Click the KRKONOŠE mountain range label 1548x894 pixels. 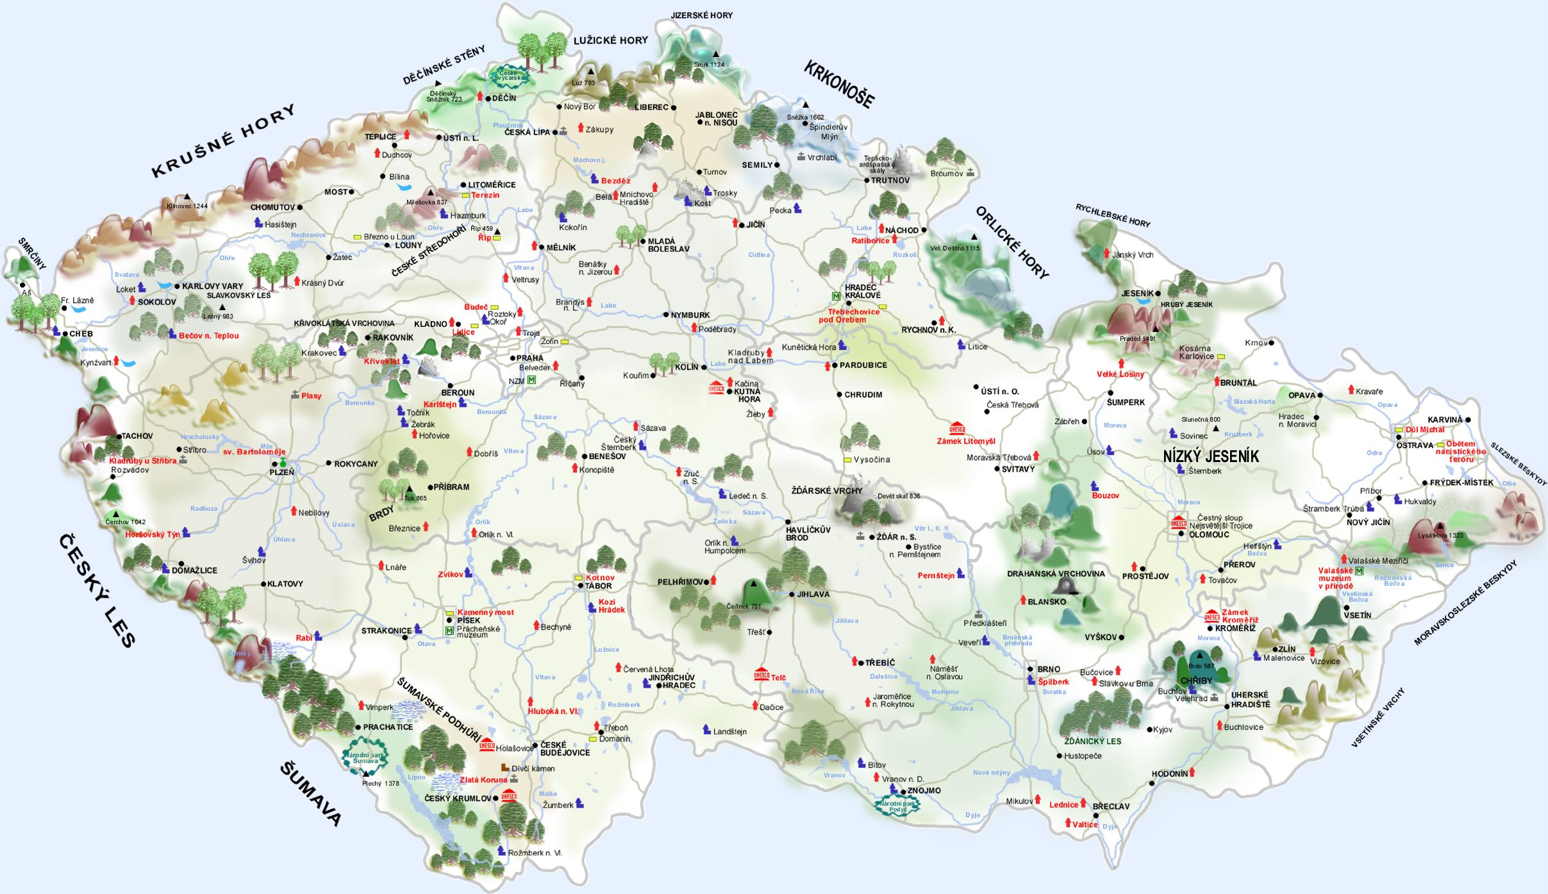coord(839,84)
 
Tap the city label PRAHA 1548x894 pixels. coord(530,358)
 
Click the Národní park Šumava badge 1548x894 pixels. coord(364,755)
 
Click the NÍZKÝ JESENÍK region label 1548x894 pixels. coord(1211,456)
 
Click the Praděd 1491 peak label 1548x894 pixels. coord(1137,338)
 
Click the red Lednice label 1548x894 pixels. coord(1063,804)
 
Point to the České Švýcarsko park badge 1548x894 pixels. coord(512,76)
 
